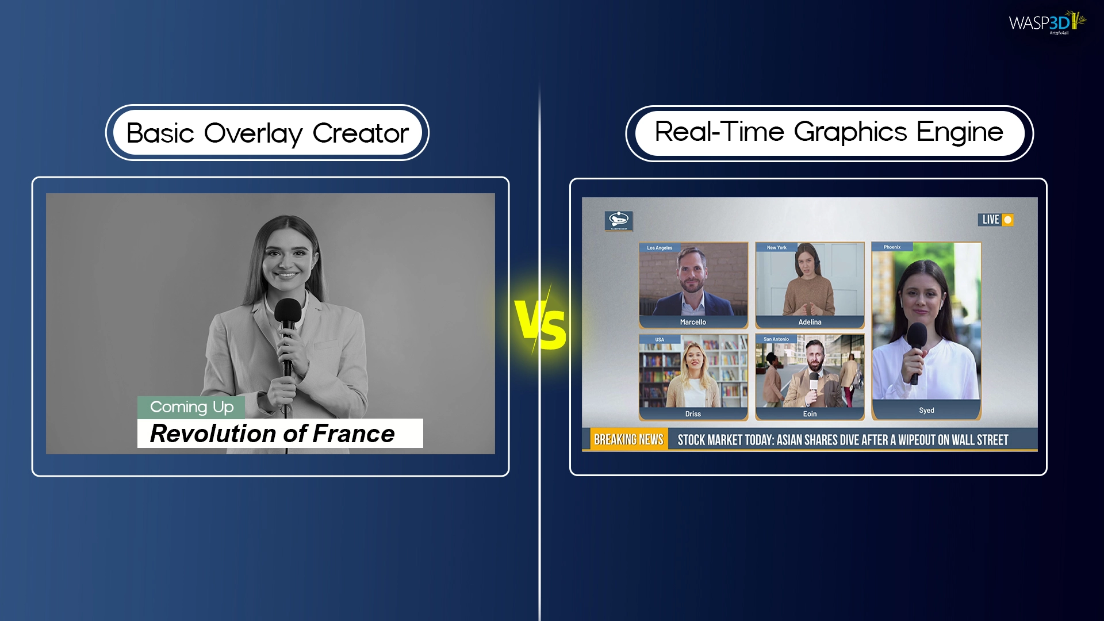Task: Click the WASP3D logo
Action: click(1046, 23)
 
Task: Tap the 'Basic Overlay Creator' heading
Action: click(267, 133)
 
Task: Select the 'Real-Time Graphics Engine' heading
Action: click(829, 133)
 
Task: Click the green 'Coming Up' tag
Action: click(191, 407)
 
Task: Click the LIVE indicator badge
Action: click(995, 220)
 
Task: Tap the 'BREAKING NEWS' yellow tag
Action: click(628, 440)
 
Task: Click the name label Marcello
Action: click(693, 322)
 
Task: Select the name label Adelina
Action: click(810, 322)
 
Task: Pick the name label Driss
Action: click(693, 414)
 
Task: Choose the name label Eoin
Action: click(810, 414)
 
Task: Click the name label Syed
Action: click(926, 411)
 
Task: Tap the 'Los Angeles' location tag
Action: click(660, 248)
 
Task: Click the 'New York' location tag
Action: click(776, 248)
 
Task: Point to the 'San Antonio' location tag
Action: click(776, 339)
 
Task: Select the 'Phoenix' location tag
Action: click(892, 247)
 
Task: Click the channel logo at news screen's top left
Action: click(619, 220)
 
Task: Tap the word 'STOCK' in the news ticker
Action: click(691, 440)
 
